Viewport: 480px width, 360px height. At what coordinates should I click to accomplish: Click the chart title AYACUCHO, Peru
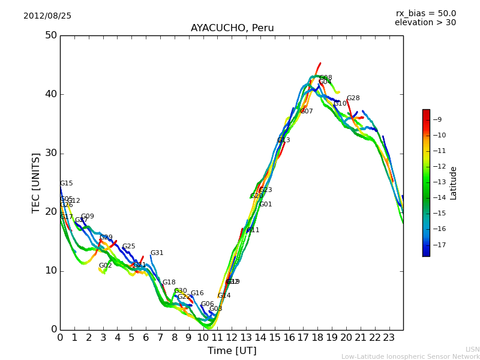click(x=232, y=28)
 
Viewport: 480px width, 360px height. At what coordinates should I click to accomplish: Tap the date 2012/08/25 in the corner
click(x=47, y=16)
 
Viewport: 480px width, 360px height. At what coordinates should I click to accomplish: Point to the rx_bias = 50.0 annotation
click(x=425, y=14)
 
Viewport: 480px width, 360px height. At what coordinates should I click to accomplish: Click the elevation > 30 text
click(x=425, y=23)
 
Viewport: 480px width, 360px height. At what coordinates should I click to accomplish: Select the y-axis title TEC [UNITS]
click(x=37, y=182)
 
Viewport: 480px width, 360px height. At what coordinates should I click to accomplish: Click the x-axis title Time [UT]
click(x=232, y=351)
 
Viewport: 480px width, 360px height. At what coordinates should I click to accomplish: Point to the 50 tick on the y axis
click(x=50, y=35)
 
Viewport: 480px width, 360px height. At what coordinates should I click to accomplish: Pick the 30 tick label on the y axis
click(x=50, y=153)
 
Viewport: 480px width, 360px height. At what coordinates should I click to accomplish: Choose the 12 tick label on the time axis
click(x=232, y=337)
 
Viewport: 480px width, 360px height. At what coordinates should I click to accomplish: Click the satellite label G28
click(x=353, y=98)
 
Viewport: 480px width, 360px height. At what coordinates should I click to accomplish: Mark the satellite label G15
click(x=66, y=184)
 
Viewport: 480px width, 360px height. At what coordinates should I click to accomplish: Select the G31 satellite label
click(x=157, y=253)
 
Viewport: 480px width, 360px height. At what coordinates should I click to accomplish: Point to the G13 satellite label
click(x=284, y=140)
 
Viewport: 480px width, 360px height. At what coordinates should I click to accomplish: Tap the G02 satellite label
click(x=106, y=266)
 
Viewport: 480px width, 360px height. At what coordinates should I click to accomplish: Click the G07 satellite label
click(x=307, y=112)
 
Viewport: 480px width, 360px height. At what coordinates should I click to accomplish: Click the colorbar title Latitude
click(x=454, y=183)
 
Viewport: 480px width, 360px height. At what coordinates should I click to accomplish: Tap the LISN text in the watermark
click(x=472, y=349)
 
